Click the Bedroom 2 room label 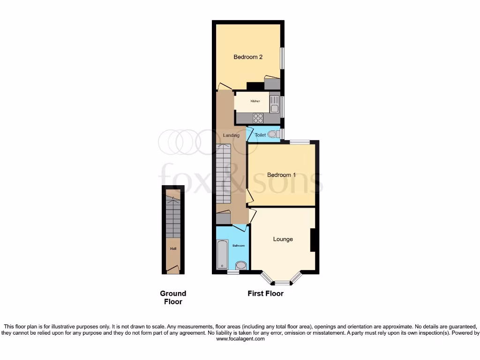coord(248,57)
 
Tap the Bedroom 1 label coord(281,175)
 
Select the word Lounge coord(283,239)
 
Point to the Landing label coord(231,135)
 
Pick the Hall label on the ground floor coord(173,249)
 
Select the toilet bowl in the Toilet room coord(273,135)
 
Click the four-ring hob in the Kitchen coord(258,118)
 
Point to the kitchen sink coord(274,104)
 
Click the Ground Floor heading coord(173,298)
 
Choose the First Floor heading coord(265,293)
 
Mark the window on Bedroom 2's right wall coord(283,59)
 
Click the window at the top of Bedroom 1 coord(299,142)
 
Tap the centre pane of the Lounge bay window coord(282,283)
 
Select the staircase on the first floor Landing coord(224,173)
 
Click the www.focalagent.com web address coord(240,339)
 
